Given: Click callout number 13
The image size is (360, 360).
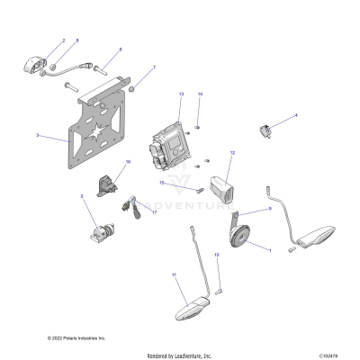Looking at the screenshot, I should point(181,94).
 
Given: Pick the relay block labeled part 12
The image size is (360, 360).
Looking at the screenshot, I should point(222,192).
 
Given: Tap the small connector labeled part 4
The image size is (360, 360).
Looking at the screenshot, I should point(267,131).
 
